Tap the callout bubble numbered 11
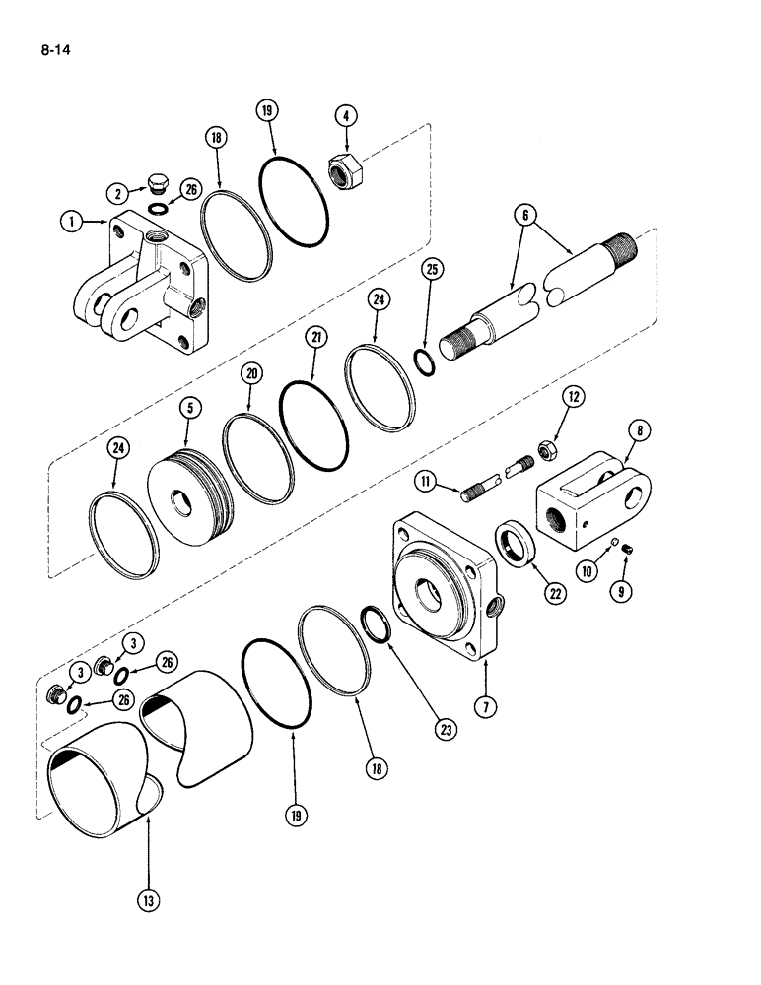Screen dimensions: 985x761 tap(424, 482)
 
